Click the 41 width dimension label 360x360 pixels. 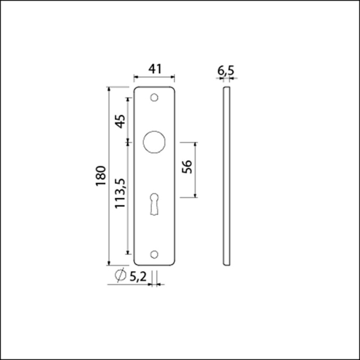coord(154,69)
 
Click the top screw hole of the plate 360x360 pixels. coord(154,97)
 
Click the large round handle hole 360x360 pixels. coord(154,143)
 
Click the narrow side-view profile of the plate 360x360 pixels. coord(226,175)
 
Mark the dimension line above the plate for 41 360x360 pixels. coord(154,77)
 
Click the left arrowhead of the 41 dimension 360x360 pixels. coord(136,77)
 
